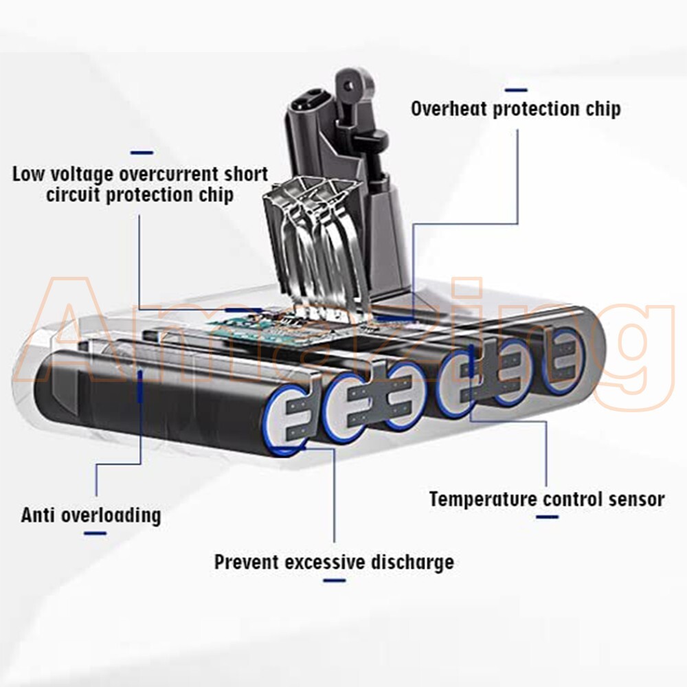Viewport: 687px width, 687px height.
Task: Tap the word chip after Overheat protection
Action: [x=602, y=109]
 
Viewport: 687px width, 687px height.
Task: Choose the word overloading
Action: [x=111, y=515]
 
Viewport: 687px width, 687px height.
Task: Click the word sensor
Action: [x=633, y=499]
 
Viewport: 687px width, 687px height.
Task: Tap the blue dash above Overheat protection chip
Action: [x=515, y=90]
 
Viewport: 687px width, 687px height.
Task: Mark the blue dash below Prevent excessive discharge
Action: [x=334, y=581]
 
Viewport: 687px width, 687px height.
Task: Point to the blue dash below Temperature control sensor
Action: [x=547, y=517]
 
